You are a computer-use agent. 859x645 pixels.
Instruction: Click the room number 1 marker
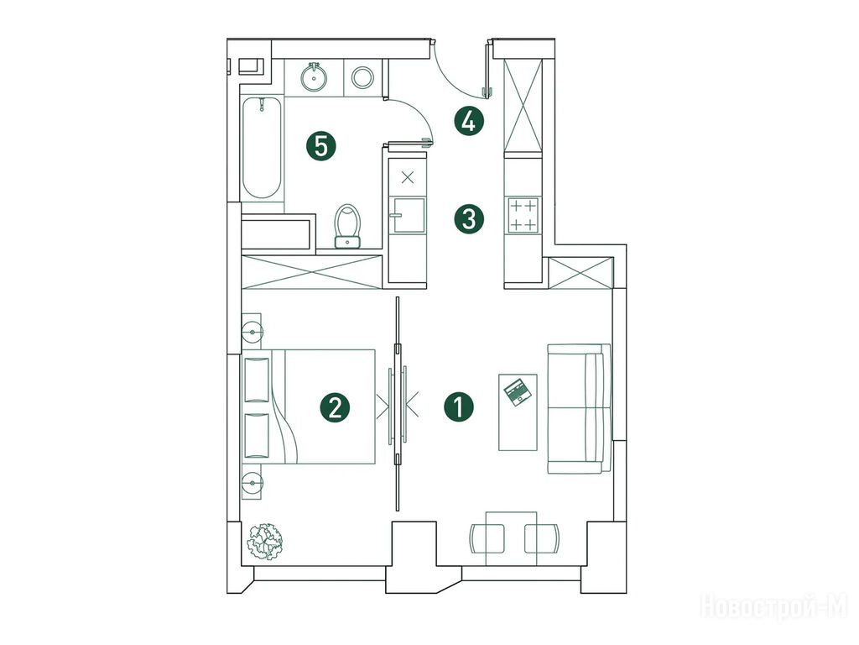[x=459, y=407]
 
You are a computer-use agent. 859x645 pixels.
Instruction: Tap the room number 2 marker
[x=336, y=407]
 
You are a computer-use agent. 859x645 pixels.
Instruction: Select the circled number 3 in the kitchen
[x=469, y=219]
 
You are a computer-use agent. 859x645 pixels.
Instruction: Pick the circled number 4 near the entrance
[x=469, y=121]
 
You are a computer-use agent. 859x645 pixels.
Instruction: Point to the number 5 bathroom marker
[x=321, y=146]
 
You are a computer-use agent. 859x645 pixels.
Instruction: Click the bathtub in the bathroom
[x=262, y=148]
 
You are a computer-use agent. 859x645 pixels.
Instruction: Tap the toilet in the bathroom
[x=348, y=226]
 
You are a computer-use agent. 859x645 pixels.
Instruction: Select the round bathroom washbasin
[x=314, y=76]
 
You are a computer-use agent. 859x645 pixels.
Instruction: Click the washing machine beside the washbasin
[x=362, y=77]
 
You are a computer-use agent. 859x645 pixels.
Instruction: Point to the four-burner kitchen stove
[x=523, y=216]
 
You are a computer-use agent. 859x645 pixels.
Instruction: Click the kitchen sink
[x=408, y=215]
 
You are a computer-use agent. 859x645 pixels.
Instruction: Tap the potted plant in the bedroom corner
[x=264, y=542]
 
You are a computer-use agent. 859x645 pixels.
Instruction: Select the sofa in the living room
[x=579, y=409]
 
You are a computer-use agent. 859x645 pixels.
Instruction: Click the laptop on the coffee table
[x=517, y=392]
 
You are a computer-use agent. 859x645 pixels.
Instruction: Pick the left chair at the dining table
[x=487, y=538]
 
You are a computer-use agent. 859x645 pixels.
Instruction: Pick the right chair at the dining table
[x=543, y=538]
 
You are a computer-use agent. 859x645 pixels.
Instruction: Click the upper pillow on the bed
[x=257, y=380]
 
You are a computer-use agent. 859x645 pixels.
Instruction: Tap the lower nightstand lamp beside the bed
[x=252, y=483]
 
